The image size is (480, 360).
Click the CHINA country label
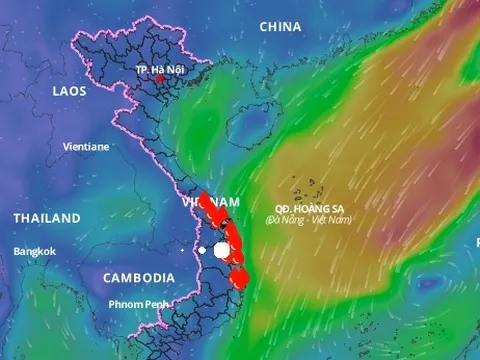click(280, 27)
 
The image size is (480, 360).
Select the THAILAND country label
click(47, 218)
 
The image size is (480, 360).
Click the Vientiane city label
click(86, 146)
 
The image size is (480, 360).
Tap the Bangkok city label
click(35, 252)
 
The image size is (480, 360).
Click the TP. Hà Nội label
click(160, 69)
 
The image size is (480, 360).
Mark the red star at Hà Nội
click(160, 79)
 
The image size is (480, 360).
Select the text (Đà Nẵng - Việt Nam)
click(308, 219)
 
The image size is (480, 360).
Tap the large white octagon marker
click(223, 250)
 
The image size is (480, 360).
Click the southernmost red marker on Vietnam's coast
click(239, 280)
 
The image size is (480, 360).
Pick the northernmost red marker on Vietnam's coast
click(203, 197)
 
